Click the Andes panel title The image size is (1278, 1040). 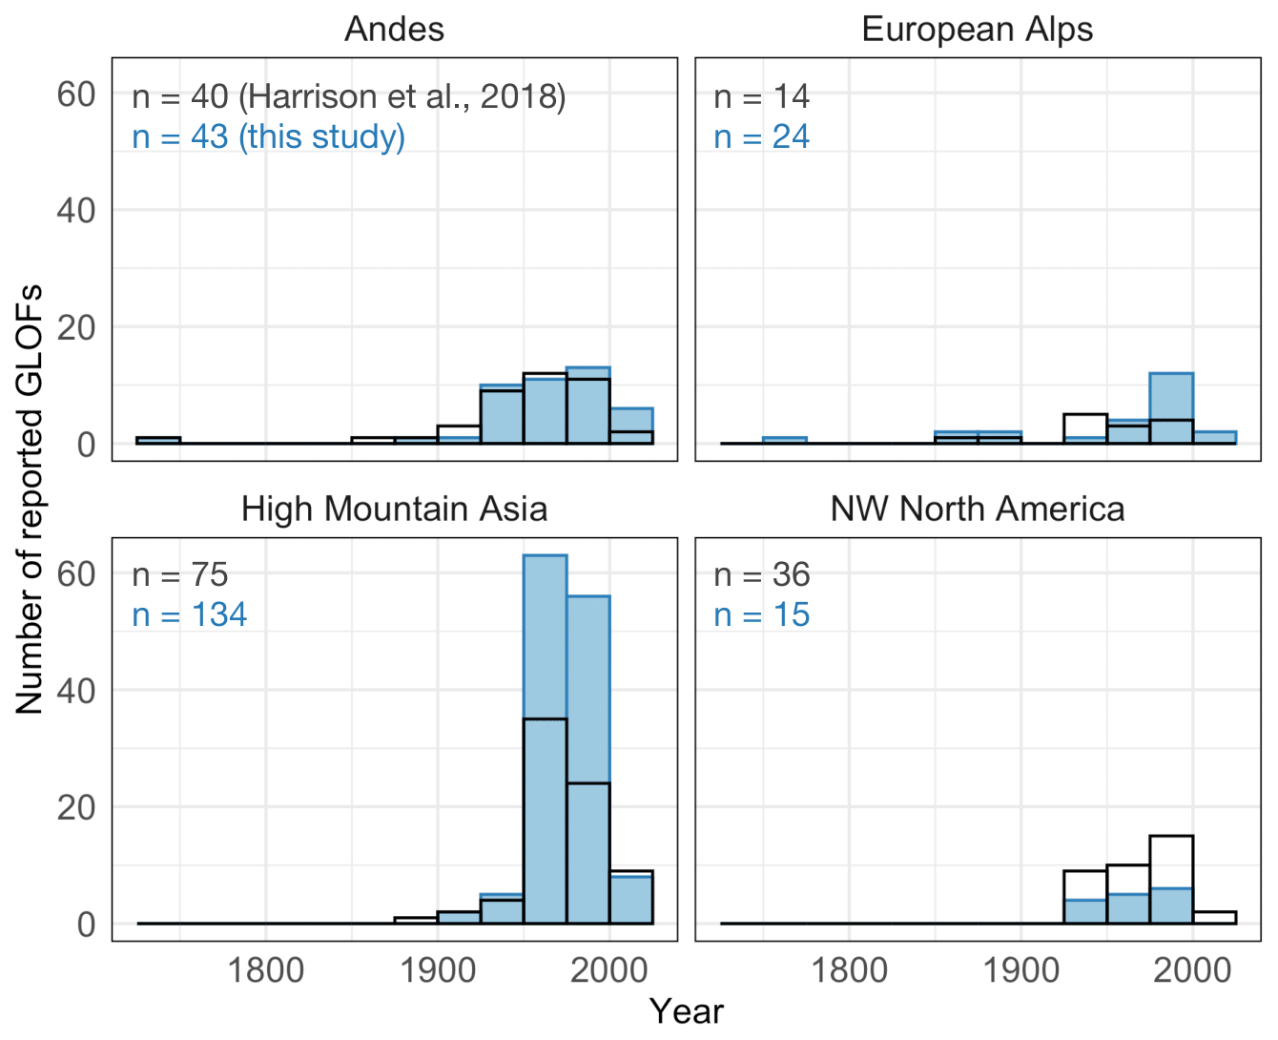[x=394, y=30]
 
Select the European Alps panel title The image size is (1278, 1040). [x=977, y=30]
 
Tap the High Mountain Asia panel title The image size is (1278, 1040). [x=394, y=509]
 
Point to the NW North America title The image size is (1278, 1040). [x=977, y=509]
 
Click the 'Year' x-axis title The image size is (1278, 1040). [x=686, y=1011]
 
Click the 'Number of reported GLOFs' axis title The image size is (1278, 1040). [x=30, y=498]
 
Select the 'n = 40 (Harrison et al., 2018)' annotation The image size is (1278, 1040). [x=348, y=96]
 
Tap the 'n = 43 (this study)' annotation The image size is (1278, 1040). [x=268, y=137]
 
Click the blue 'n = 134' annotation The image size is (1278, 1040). [x=189, y=615]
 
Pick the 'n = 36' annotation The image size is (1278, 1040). [x=761, y=575]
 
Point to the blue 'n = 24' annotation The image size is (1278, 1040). [x=761, y=137]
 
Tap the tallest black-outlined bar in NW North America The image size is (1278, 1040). [x=1170, y=878]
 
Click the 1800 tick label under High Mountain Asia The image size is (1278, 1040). [x=265, y=971]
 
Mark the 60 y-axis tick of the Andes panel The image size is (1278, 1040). [x=76, y=94]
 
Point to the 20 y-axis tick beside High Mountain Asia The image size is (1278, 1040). [x=76, y=807]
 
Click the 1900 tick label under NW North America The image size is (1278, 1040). [x=1020, y=971]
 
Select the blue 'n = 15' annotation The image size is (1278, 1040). [x=761, y=615]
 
